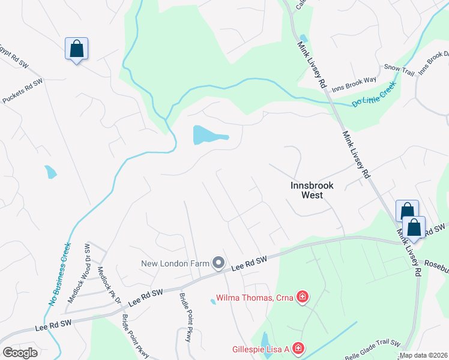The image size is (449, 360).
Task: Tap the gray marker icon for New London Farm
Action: (218, 263)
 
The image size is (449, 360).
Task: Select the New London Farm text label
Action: (175, 263)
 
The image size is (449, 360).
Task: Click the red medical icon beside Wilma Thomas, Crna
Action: (303, 296)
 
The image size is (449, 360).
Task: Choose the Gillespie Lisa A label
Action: (261, 349)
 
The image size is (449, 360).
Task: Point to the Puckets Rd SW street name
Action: (22, 91)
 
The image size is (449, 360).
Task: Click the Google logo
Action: (20, 352)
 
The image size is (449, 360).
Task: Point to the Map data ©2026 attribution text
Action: (423, 355)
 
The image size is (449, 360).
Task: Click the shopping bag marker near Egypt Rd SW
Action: (76, 49)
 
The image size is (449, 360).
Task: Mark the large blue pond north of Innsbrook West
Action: (207, 135)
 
